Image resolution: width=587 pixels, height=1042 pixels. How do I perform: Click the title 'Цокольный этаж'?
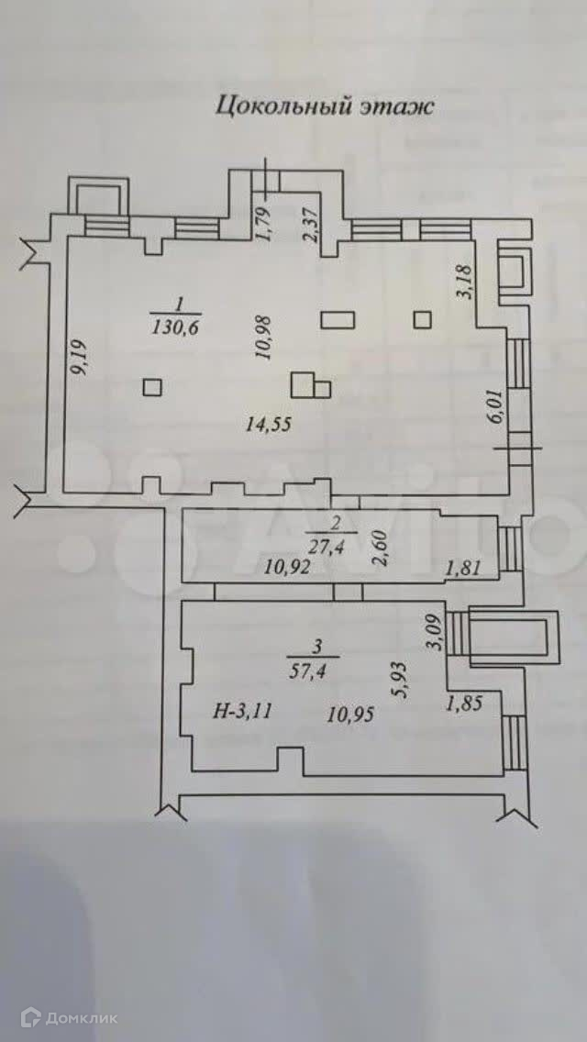pyautogui.click(x=324, y=106)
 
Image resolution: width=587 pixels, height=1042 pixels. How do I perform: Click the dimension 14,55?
pyautogui.click(x=270, y=424)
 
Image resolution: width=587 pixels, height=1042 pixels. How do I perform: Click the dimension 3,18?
pyautogui.click(x=466, y=281)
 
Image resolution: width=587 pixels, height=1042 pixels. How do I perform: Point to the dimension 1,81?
pyautogui.click(x=462, y=571)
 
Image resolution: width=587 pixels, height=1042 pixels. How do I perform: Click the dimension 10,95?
pyautogui.click(x=351, y=713)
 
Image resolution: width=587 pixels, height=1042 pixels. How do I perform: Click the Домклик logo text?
pyautogui.click(x=74, y=1015)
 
